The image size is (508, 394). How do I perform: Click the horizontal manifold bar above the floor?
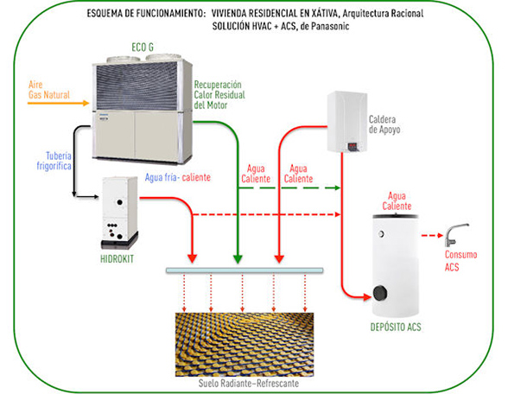coord(244,270)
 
